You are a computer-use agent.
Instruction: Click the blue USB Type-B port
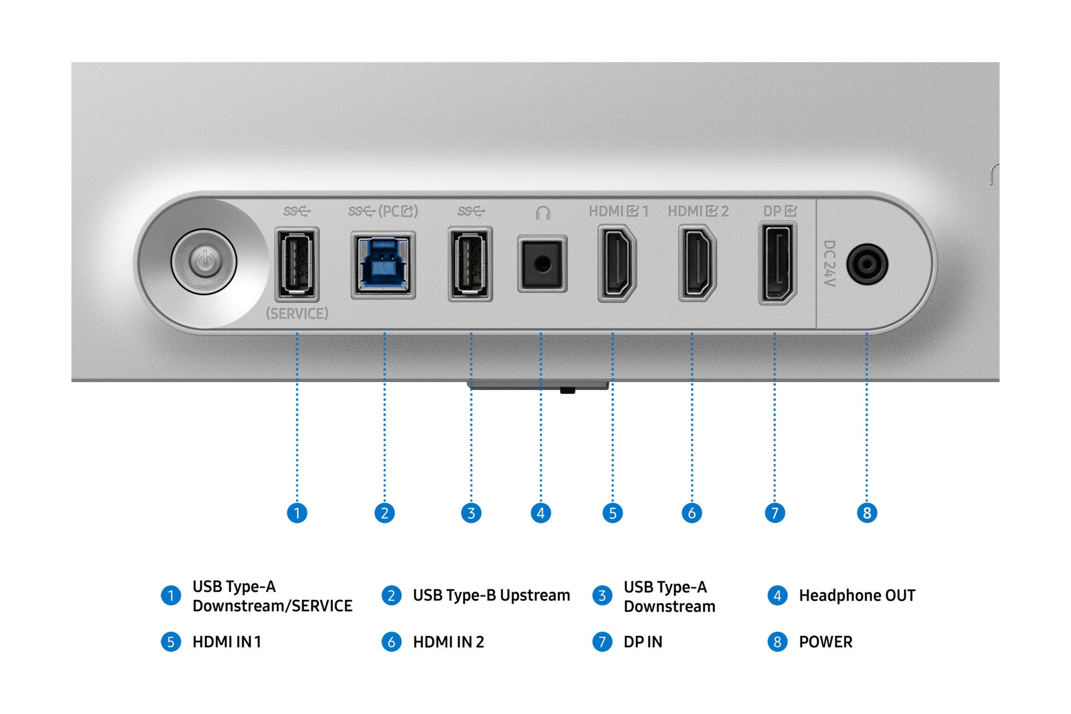click(383, 265)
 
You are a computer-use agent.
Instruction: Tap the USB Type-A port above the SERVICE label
click(297, 264)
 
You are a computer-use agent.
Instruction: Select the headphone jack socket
click(542, 264)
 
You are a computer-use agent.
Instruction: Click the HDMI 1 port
click(616, 263)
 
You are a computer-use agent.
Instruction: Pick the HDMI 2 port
click(697, 263)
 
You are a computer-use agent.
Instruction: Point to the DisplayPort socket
click(778, 263)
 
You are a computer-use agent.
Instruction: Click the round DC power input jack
click(867, 264)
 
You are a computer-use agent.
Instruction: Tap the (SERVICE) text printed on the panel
click(297, 313)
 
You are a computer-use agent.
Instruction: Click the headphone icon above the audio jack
click(543, 213)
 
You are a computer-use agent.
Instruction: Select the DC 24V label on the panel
click(829, 264)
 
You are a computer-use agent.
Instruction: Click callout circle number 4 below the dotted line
click(541, 513)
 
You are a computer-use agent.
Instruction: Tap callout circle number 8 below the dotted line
click(867, 513)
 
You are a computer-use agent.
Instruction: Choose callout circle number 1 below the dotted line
click(297, 513)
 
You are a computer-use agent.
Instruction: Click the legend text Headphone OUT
click(857, 596)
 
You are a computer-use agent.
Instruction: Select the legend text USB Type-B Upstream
click(491, 596)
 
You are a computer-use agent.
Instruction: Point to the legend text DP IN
click(643, 642)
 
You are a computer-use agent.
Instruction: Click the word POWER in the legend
click(826, 642)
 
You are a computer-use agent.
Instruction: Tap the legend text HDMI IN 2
click(448, 642)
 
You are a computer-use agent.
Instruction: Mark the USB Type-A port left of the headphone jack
click(470, 264)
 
